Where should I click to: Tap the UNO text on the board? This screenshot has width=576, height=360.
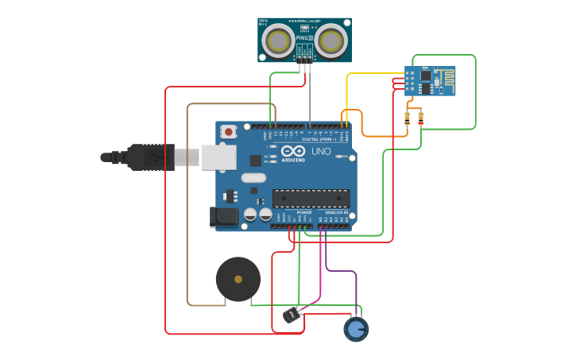321,151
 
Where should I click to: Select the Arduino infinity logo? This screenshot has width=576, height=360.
292,151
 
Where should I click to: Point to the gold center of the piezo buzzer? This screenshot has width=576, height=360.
238,279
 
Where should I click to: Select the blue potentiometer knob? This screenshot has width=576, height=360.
356,329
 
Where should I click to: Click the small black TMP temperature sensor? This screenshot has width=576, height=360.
292,315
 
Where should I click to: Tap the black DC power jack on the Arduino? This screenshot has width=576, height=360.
223,216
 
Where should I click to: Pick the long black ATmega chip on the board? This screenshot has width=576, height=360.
311,198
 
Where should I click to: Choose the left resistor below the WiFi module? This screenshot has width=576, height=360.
408,118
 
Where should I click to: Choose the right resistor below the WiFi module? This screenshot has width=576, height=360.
420,118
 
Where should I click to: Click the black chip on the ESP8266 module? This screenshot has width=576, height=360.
426,75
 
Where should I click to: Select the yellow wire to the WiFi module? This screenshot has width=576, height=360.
373,74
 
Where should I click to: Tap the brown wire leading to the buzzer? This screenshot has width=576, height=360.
187,207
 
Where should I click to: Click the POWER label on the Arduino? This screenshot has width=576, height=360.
303,212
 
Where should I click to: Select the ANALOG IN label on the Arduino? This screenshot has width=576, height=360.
336,212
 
